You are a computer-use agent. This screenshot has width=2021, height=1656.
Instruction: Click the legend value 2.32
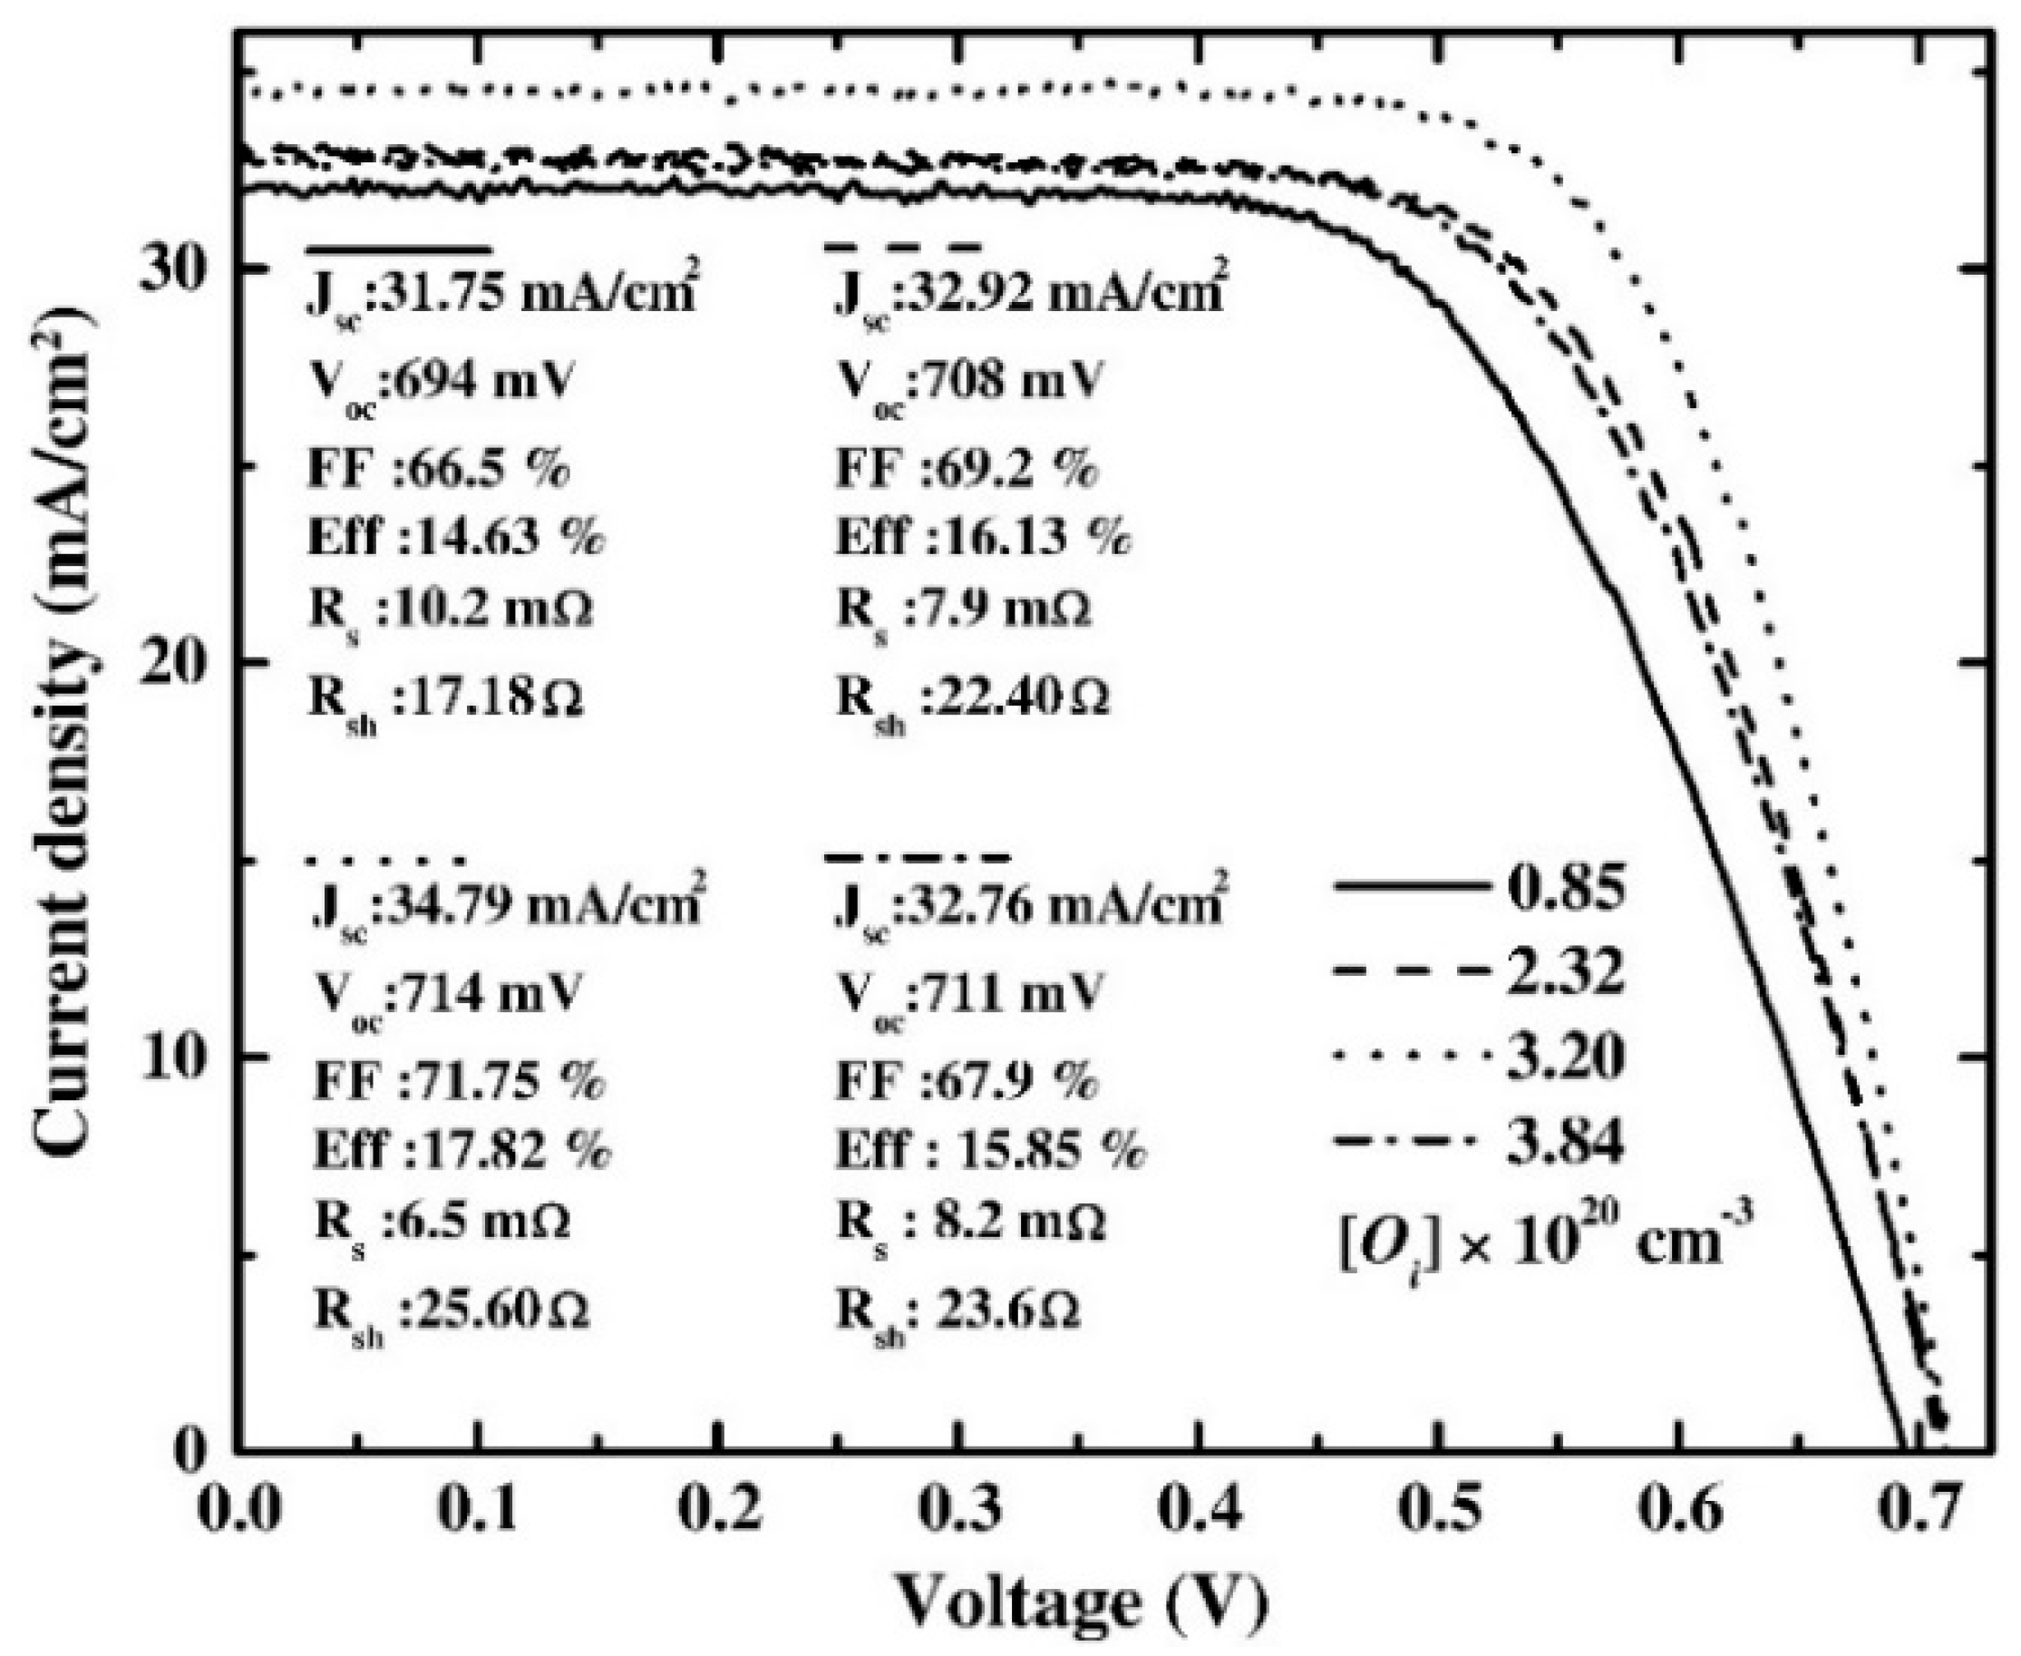click(1564, 973)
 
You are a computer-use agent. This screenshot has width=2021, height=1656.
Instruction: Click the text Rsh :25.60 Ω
click(451, 1311)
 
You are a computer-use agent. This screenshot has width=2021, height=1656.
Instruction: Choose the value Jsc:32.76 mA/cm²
click(1028, 906)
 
